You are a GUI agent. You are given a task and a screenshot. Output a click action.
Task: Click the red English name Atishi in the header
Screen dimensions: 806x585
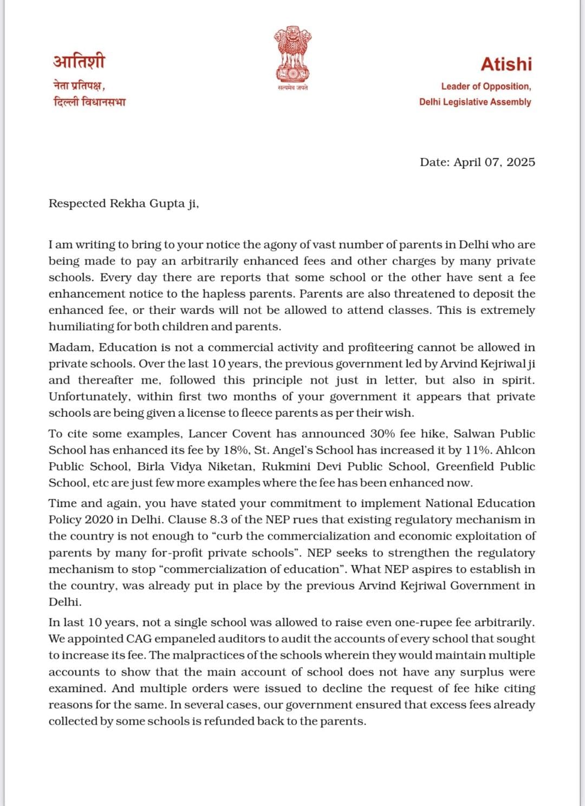tap(506, 64)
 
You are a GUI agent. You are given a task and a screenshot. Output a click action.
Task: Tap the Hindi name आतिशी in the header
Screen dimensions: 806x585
tap(79, 61)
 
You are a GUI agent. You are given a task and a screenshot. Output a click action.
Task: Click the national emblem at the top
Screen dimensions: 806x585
tap(292, 54)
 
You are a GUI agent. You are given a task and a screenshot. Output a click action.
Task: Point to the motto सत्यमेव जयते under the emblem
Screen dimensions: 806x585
tap(292, 88)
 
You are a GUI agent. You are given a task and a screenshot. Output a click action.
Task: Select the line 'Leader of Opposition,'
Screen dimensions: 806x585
tap(486, 87)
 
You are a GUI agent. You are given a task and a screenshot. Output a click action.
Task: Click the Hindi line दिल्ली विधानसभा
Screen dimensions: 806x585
tap(89, 102)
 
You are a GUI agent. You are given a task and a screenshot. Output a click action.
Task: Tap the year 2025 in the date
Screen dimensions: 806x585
tap(521, 162)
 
